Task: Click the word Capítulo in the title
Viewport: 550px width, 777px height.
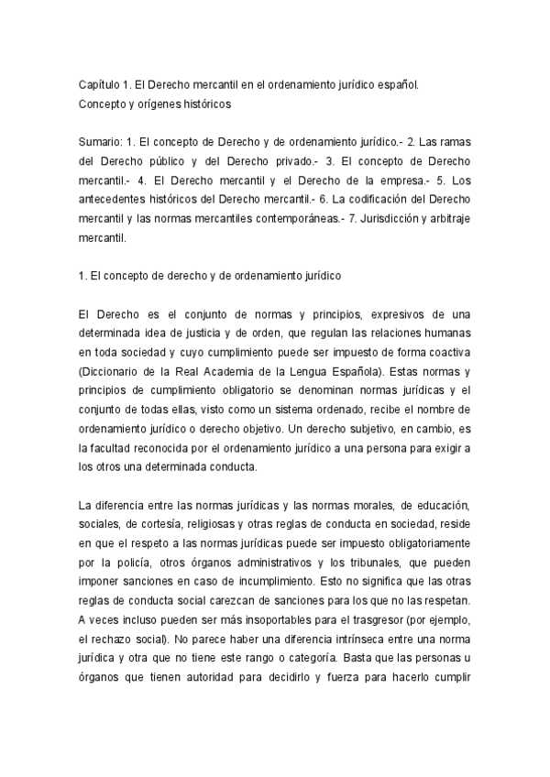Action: (x=99, y=85)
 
